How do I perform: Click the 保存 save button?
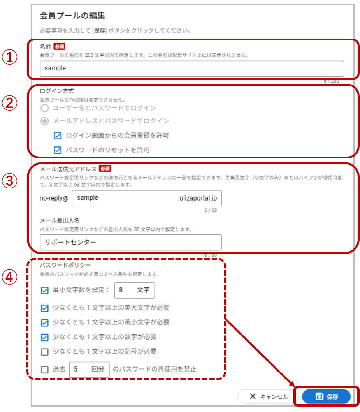pyautogui.click(x=326, y=396)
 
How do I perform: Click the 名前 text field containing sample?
pyautogui.click(x=192, y=69)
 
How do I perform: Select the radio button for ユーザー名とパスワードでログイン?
pyautogui.click(x=45, y=108)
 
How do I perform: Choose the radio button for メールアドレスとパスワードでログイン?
pyautogui.click(x=45, y=121)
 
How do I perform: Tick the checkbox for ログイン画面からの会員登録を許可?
pyautogui.click(x=58, y=136)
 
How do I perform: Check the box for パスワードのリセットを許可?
pyautogui.click(x=58, y=150)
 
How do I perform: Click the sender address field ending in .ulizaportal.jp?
pyautogui.click(x=146, y=198)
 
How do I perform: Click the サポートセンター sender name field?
pyautogui.click(x=131, y=242)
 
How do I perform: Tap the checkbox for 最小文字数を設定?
pyautogui.click(x=45, y=291)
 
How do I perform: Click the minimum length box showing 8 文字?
pyautogui.click(x=134, y=291)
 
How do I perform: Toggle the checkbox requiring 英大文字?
pyautogui.click(x=45, y=308)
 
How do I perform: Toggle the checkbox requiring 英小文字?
pyautogui.click(x=45, y=322)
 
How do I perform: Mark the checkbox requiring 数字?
pyautogui.click(x=45, y=337)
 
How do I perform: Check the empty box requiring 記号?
pyautogui.click(x=45, y=352)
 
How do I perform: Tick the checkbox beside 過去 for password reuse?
pyautogui.click(x=45, y=370)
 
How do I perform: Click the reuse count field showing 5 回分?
pyautogui.click(x=89, y=370)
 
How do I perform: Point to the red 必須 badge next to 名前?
pyautogui.click(x=59, y=46)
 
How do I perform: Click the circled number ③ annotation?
pyautogui.click(x=9, y=181)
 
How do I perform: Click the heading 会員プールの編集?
pyautogui.click(x=72, y=16)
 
